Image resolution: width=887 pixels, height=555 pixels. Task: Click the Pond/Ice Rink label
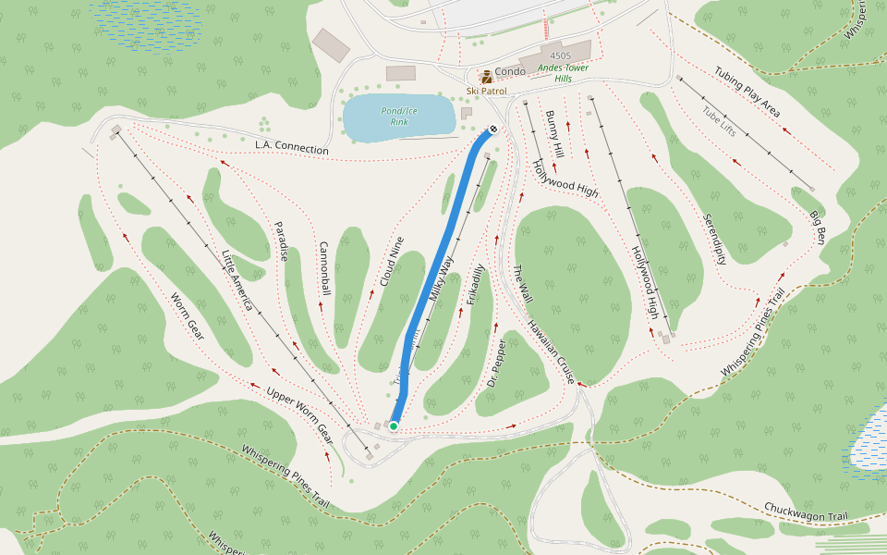click(399, 116)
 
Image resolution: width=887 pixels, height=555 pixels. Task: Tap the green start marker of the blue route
click(394, 426)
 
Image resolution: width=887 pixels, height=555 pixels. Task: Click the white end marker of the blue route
click(493, 129)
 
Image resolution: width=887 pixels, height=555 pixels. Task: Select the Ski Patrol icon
click(486, 77)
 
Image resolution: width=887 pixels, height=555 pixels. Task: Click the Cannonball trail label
click(324, 269)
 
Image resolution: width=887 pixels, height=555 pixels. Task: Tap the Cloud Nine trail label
click(392, 261)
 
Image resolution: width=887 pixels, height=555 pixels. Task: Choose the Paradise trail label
click(281, 240)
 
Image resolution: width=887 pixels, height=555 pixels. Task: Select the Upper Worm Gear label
click(299, 412)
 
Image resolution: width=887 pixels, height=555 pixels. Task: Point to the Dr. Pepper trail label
click(497, 363)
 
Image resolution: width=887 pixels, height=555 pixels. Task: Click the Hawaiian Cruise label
click(552, 351)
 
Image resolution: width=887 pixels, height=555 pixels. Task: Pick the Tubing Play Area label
click(747, 91)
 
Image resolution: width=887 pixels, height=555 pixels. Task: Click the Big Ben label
click(818, 228)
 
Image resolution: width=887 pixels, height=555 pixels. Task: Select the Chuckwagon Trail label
click(806, 512)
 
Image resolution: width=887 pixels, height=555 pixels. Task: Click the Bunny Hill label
click(554, 134)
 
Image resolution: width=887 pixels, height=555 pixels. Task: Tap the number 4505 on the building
click(560, 56)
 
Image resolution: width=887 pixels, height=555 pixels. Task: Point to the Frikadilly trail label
click(475, 285)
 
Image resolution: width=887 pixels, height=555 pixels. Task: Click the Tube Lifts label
click(719, 121)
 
